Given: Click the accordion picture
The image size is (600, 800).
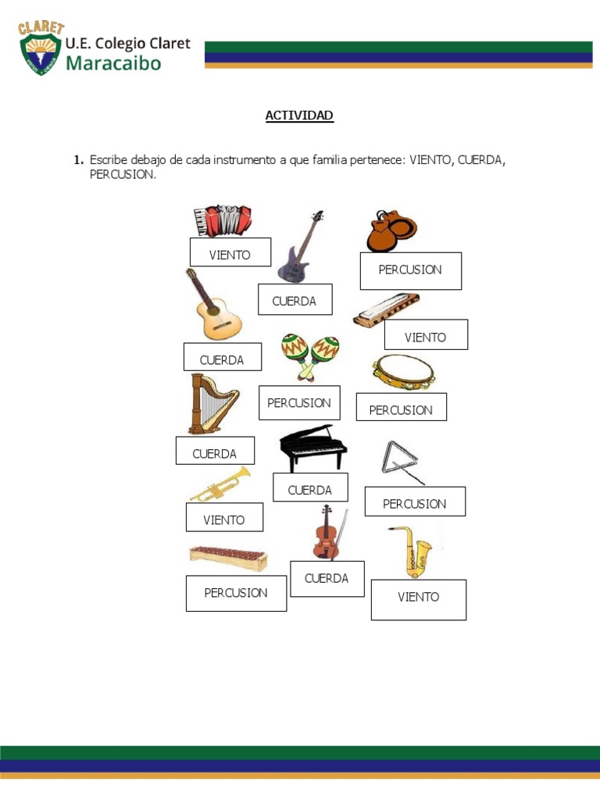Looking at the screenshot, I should [x=223, y=221].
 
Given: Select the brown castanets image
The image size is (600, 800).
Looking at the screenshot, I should [x=391, y=231].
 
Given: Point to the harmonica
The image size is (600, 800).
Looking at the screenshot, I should [x=385, y=309].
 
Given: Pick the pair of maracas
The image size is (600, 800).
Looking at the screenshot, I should [x=310, y=355].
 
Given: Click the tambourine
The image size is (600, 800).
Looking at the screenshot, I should [x=402, y=372].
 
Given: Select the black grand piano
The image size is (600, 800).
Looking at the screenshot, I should [x=312, y=448].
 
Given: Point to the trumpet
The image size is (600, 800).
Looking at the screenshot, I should [x=220, y=484].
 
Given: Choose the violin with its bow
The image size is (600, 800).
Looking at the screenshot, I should [x=327, y=533].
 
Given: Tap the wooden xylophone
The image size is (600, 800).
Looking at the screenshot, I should [x=228, y=557].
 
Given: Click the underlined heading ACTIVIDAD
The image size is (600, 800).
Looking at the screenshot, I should [x=299, y=116].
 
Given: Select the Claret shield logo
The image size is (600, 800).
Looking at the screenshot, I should [x=41, y=49].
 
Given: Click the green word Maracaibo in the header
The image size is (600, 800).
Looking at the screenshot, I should [x=113, y=62].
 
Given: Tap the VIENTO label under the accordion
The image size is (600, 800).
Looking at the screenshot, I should [x=230, y=255].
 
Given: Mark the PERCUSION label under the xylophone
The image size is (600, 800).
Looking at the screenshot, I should [x=236, y=593].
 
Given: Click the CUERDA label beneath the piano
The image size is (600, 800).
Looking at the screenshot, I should [x=310, y=490].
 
